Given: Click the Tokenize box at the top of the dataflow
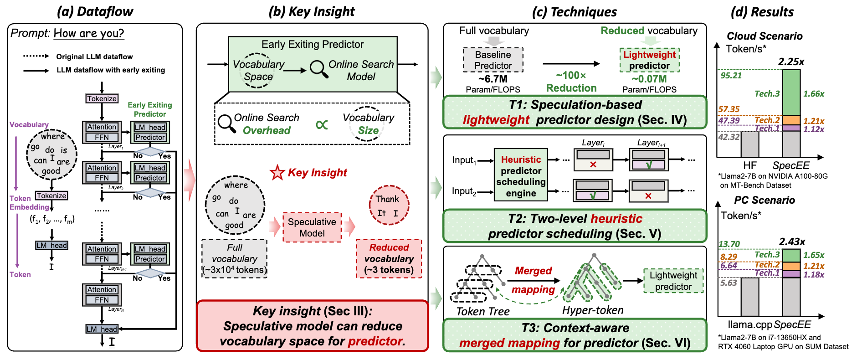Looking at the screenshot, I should click(102, 98).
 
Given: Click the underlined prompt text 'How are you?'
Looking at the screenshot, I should click(89, 33).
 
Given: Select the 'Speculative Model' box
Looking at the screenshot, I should click(312, 227).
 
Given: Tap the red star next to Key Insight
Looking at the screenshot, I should click(277, 173).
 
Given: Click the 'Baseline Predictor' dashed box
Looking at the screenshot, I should click(493, 60).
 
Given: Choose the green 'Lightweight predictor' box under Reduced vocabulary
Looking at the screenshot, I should click(649, 60).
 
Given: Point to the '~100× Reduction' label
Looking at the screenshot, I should click(571, 82).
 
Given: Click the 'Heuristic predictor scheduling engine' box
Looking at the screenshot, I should click(521, 176).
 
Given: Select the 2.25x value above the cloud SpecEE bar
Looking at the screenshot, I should click(791, 62).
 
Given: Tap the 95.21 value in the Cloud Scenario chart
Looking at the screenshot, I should click(731, 76).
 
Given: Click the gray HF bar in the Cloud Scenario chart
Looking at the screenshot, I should click(749, 144).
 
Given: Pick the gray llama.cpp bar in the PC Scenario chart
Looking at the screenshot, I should click(749, 297).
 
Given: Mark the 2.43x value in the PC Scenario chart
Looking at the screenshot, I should click(792, 242).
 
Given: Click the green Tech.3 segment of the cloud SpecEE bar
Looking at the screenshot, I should click(791, 93).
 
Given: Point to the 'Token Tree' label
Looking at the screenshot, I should click(483, 312).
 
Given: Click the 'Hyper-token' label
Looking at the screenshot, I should click(592, 310).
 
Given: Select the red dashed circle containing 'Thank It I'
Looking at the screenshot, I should click(389, 205).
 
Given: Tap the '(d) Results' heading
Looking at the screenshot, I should click(762, 12).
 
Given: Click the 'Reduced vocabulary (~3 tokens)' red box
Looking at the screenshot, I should click(389, 258).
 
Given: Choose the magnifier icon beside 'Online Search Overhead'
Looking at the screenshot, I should click(226, 123).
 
